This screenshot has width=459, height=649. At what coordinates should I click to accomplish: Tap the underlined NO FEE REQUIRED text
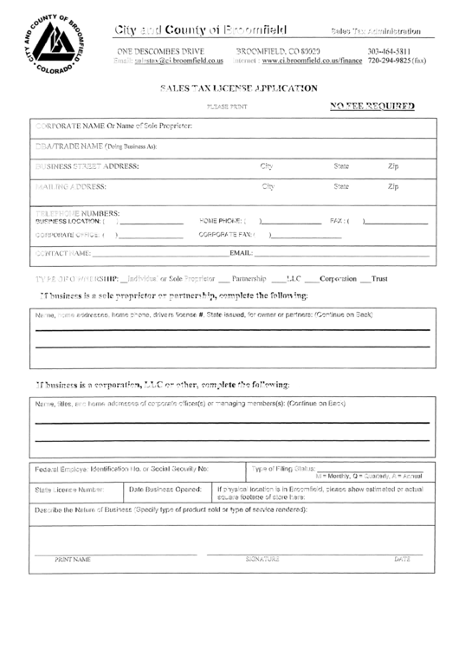tap(373, 106)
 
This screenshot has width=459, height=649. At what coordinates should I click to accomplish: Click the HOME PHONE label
tap(220, 220)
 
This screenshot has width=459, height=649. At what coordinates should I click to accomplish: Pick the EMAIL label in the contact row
tap(240, 253)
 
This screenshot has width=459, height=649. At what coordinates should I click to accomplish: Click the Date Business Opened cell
tap(165, 490)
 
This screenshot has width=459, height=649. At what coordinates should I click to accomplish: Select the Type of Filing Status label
tap(282, 468)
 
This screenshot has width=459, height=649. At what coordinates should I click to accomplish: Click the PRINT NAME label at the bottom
tap(73, 560)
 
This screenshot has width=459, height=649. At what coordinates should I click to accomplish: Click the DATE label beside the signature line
tap(401, 560)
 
